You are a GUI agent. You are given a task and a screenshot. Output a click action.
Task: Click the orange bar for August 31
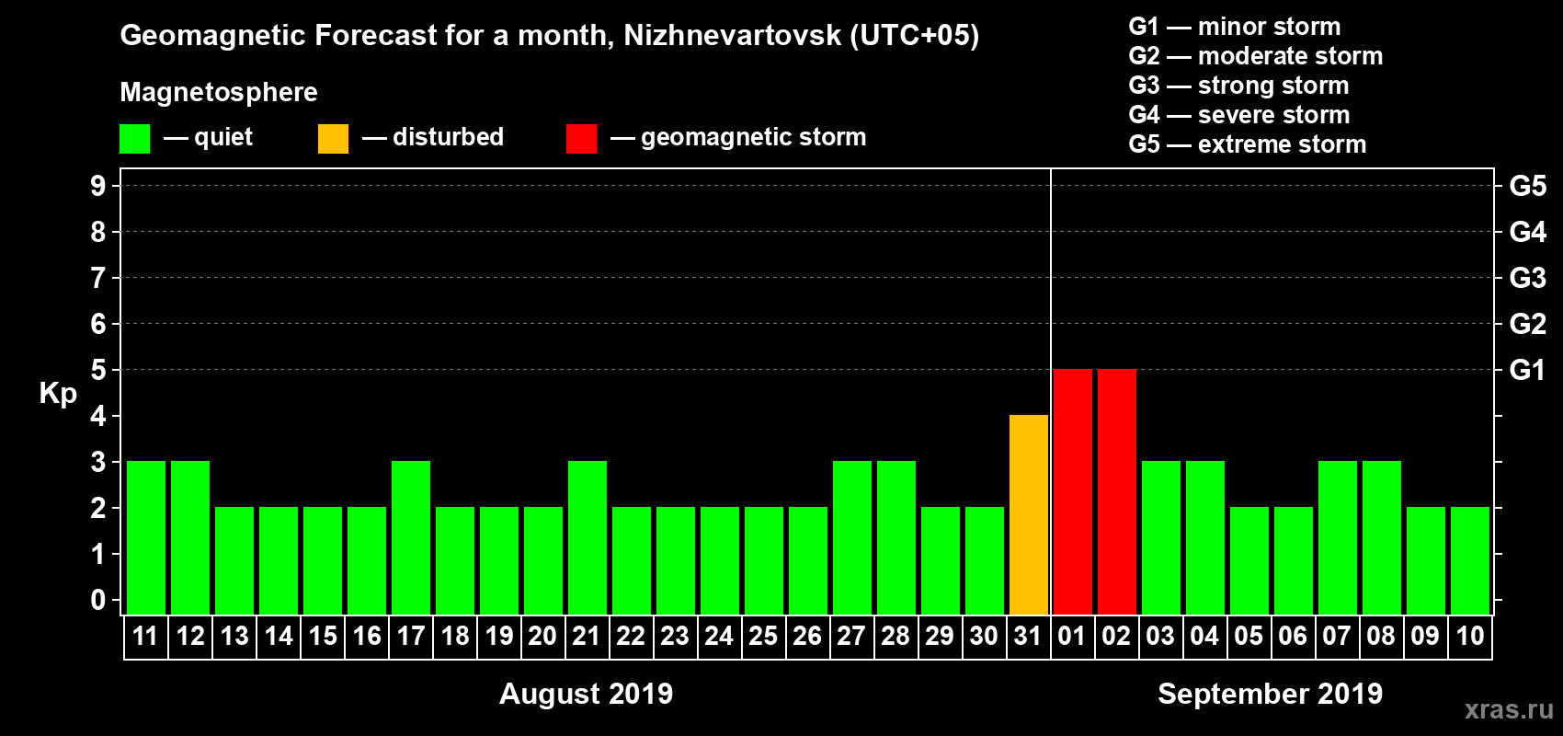pyautogui.click(x=1029, y=514)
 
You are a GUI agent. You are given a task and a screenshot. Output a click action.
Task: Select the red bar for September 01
pyautogui.click(x=1073, y=491)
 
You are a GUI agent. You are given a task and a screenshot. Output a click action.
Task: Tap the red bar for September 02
pyautogui.click(x=1117, y=491)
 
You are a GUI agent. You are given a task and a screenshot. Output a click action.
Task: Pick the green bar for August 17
pyautogui.click(x=411, y=537)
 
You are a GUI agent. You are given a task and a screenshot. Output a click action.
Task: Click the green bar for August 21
pyautogui.click(x=588, y=537)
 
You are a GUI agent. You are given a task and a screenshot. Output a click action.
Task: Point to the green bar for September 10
pyautogui.click(x=1470, y=560)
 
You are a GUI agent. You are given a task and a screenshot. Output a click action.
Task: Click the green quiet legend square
pyautogui.click(x=134, y=139)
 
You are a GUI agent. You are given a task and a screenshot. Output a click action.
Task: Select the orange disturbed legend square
pyautogui.click(x=333, y=139)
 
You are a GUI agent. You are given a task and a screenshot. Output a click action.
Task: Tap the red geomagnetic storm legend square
pyautogui.click(x=581, y=139)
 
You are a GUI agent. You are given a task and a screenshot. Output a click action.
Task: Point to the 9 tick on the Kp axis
pyautogui.click(x=98, y=186)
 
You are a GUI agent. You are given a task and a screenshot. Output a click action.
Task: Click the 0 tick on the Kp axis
pyautogui.click(x=98, y=601)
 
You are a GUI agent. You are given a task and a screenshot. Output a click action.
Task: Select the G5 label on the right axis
pyautogui.click(x=1527, y=186)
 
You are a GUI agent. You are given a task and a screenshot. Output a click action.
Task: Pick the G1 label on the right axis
pyautogui.click(x=1527, y=370)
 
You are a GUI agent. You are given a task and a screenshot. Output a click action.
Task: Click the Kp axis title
pyautogui.click(x=58, y=394)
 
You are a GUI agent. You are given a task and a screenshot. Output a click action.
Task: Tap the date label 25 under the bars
pyautogui.click(x=763, y=636)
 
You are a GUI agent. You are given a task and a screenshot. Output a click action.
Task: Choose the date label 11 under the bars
pyautogui.click(x=145, y=636)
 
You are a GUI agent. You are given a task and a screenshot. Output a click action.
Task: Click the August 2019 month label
pyautogui.click(x=586, y=694)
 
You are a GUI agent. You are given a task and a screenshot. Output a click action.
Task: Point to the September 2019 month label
pyautogui.click(x=1270, y=694)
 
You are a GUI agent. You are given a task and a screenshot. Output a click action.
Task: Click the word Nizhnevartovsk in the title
pyautogui.click(x=732, y=36)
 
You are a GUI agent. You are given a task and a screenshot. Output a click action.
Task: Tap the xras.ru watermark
pyautogui.click(x=1509, y=709)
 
